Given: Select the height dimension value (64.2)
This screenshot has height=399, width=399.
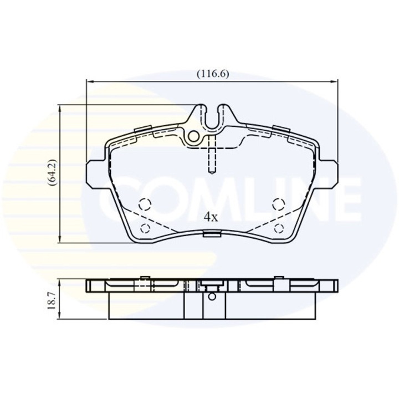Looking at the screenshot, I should click(x=51, y=173).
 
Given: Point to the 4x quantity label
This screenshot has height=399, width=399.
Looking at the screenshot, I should click(x=210, y=217).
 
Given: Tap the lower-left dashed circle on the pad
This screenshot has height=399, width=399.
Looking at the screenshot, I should click(x=145, y=228).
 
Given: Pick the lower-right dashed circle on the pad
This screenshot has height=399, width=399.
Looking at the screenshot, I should click(x=279, y=228).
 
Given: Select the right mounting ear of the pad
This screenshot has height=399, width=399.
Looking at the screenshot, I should click(x=330, y=173).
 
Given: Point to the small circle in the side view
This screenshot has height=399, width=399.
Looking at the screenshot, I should click(x=211, y=296).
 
